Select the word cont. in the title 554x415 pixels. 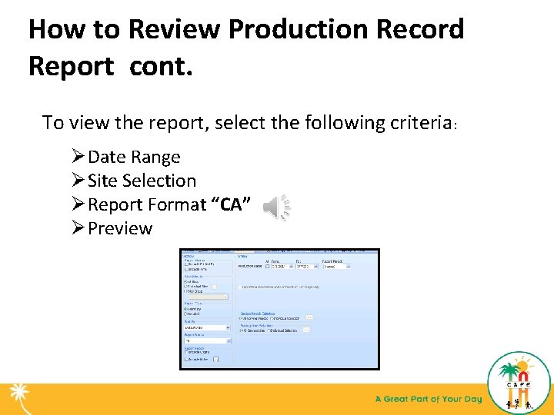click(x=162, y=66)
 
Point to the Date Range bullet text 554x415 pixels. click(x=134, y=157)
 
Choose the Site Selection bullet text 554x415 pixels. click(x=142, y=181)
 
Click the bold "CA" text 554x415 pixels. click(x=232, y=204)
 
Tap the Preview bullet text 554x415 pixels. click(x=120, y=228)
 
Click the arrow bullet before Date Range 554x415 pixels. click(x=78, y=157)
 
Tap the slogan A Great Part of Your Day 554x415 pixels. click(x=428, y=399)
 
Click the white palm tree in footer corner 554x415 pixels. click(x=17, y=397)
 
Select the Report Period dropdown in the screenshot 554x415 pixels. click(x=335, y=267)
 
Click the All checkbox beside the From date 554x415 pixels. click(x=267, y=267)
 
